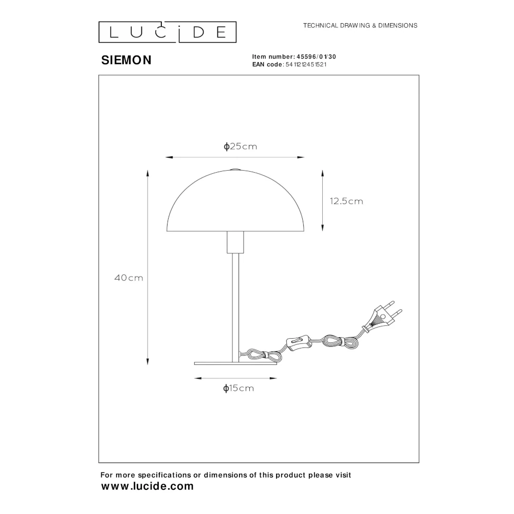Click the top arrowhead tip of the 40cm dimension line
(148, 170)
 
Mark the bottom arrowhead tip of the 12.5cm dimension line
(323, 231)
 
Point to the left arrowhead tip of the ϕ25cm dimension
(166, 157)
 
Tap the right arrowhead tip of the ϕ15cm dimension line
(277, 378)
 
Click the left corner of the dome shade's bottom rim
(167, 231)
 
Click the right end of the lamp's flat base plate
(277, 363)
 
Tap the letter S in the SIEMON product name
(105, 60)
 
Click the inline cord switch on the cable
(298, 343)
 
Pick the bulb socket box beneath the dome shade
(235, 242)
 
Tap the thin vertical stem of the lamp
(235, 308)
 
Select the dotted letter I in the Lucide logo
(179, 31)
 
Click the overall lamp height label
(129, 278)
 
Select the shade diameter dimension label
(240, 146)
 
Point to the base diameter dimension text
(238, 389)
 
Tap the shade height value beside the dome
(346, 201)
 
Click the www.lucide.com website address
(148, 486)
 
